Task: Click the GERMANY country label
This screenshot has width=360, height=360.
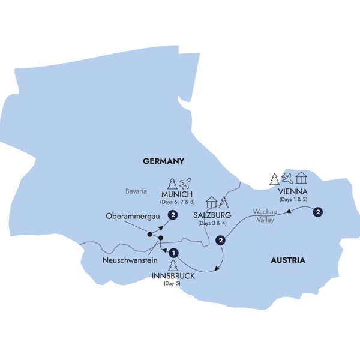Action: [x=163, y=161]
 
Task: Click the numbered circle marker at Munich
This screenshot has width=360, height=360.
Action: [x=173, y=216]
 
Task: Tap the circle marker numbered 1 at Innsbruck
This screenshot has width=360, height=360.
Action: [x=174, y=253]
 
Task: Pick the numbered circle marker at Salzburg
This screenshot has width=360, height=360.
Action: [x=221, y=241]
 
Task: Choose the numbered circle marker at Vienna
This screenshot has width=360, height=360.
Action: [x=317, y=211]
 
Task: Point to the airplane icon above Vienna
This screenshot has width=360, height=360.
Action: [x=288, y=178]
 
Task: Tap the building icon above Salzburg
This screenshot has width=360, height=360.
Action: [x=211, y=202]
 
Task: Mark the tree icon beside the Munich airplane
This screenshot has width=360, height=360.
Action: [x=172, y=184]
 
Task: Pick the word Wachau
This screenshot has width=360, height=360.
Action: [x=265, y=212]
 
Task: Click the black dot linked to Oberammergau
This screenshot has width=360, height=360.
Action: [x=150, y=235]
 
